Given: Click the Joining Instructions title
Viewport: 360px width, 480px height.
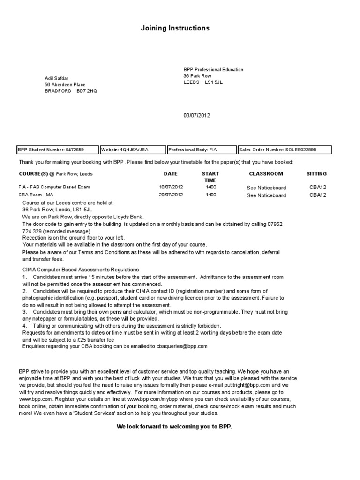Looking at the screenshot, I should [175, 29].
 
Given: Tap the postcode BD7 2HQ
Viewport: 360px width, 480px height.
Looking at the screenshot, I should [87, 91].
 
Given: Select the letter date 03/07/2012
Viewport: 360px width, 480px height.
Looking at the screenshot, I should [197, 116].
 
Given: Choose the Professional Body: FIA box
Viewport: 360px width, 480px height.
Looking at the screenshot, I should [202, 150].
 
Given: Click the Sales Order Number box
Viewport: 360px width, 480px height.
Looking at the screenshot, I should [285, 150].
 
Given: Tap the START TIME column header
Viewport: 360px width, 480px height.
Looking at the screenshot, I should [210, 177].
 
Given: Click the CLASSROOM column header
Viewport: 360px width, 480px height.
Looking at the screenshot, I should [266, 173].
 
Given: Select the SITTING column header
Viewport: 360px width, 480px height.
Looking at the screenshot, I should [317, 173].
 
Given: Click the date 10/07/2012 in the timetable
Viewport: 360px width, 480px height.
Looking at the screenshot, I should [171, 187].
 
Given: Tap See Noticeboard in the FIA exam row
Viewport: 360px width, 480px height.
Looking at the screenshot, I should [266, 187].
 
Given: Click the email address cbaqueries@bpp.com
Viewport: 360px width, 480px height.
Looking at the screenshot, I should [180, 346].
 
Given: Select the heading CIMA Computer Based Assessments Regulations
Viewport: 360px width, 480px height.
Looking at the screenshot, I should [81, 270].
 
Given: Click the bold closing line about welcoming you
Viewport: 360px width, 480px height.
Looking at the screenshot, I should [174, 427].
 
